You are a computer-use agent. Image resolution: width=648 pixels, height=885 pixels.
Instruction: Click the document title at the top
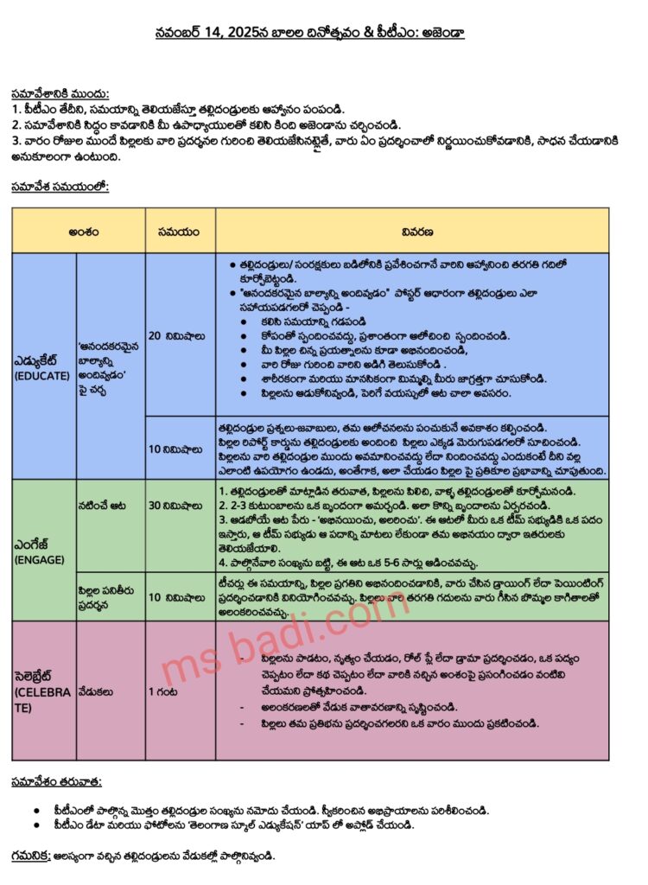(324, 35)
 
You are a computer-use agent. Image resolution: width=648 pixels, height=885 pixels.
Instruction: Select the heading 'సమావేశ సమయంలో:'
(60, 186)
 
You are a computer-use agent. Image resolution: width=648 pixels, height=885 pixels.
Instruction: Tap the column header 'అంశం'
(78, 231)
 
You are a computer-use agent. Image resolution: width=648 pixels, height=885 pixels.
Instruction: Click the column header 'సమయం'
(180, 231)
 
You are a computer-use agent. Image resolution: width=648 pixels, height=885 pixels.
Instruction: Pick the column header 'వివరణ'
(412, 231)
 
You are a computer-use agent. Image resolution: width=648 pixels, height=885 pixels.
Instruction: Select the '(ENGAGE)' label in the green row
(35, 560)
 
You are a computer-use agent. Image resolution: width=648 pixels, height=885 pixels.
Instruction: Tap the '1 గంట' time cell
(164, 691)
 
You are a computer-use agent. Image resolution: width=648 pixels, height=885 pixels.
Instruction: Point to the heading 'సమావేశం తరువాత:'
(57, 782)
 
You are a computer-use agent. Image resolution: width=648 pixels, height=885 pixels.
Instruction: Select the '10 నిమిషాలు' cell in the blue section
(180, 449)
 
